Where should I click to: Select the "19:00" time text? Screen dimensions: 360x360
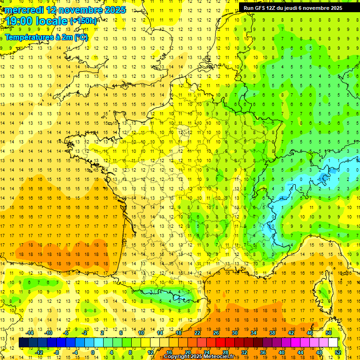[x=20, y=21]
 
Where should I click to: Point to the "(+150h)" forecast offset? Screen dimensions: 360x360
[x=83, y=21]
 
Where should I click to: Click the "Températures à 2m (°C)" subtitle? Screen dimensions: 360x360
[x=46, y=37]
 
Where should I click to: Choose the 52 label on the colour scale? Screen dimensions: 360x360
[x=338, y=352]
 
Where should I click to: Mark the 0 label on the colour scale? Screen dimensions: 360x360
[x=92, y=352]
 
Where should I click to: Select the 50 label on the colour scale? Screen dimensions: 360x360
[x=329, y=333]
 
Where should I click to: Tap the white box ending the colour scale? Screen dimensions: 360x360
[x=333, y=343]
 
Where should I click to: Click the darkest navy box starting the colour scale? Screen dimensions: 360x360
[x=23, y=343]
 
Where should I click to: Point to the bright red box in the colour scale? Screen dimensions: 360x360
[x=220, y=343]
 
